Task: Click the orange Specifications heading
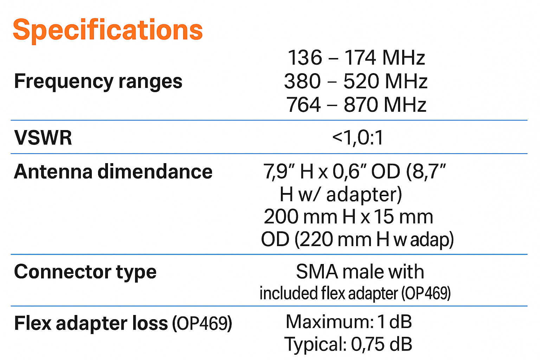pos(108,30)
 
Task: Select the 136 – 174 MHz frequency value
pos(356,58)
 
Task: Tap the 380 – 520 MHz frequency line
pos(355,81)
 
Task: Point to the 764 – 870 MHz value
pos(356,105)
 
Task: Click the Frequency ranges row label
pos(98,82)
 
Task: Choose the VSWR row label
pos(43,137)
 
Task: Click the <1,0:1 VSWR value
pos(358,137)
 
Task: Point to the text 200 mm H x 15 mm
pos(348,217)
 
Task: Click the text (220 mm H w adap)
pos(374,240)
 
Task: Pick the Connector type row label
pos(85,272)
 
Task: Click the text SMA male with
pos(360,272)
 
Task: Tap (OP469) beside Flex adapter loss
pos(202,323)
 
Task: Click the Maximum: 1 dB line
pos(348,322)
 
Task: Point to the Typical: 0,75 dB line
pos(348,344)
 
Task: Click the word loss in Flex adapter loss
pos(150,323)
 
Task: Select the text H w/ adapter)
pos(341,194)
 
